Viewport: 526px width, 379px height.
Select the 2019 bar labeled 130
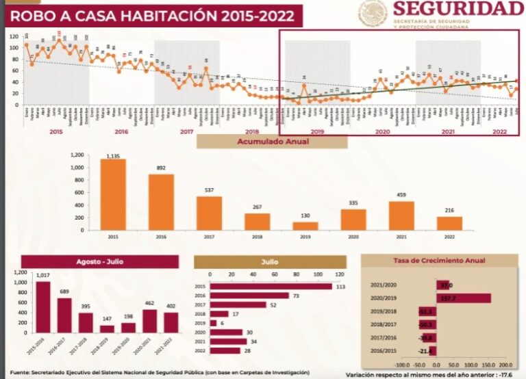point(305,226)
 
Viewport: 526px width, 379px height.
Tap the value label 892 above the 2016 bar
point(161,168)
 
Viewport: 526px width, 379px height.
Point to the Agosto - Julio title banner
point(99,261)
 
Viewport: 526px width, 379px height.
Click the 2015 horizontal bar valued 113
point(271,287)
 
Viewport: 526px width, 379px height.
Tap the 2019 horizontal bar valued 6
point(213,323)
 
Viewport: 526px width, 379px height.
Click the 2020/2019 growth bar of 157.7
point(463,298)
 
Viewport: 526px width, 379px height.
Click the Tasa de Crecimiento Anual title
point(438,261)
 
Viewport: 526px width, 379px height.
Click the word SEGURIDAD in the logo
point(458,9)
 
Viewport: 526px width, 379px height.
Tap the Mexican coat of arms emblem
point(373,14)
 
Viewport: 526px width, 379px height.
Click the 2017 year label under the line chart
point(186,131)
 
